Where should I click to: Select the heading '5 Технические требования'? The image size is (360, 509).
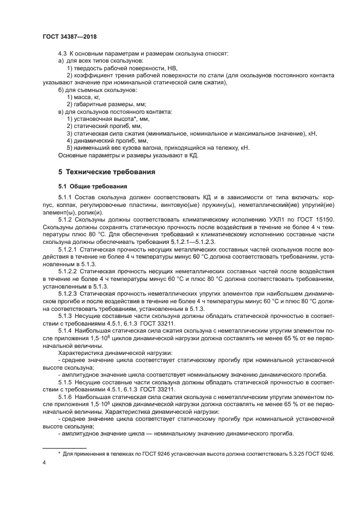click(107, 172)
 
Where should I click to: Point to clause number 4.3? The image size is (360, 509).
click(63, 53)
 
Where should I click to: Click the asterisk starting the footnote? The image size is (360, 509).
click(59, 453)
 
